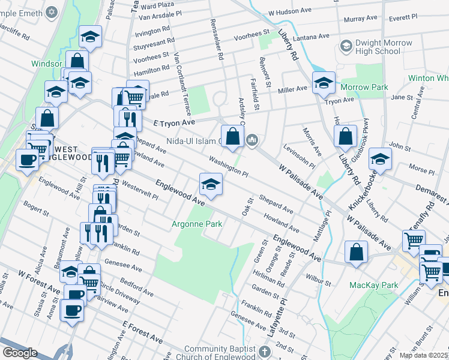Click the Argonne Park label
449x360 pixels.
pos(197,224)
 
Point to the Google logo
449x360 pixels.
pos(19,353)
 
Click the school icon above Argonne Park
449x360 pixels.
pos(211,184)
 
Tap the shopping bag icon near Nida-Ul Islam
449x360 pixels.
pos(232,136)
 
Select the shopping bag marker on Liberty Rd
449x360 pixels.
pos(345,136)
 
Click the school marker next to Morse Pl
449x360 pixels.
pos(381,160)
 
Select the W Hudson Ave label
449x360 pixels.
pos(291,11)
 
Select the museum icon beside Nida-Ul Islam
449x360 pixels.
pos(253,141)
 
